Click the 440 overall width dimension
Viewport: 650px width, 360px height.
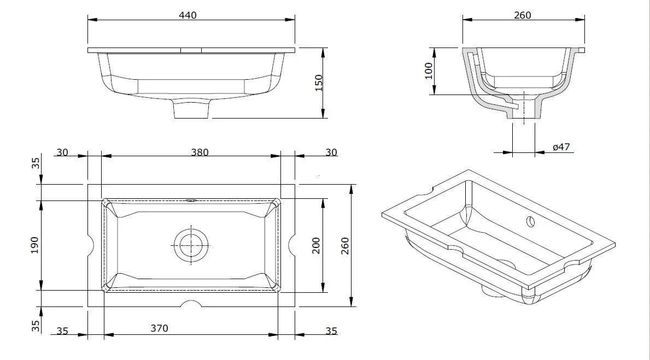point(188,15)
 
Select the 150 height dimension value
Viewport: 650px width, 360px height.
point(319,83)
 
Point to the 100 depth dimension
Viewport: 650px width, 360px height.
point(429,71)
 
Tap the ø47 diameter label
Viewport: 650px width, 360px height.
point(561,147)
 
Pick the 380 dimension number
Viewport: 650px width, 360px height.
point(200,152)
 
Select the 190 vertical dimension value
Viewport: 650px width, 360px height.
point(34,245)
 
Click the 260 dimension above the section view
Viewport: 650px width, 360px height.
point(522,15)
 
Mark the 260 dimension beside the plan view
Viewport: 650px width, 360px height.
point(344,245)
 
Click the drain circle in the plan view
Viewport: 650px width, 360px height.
point(191,245)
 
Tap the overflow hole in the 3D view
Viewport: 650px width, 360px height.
point(530,221)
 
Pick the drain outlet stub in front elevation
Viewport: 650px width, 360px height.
point(191,109)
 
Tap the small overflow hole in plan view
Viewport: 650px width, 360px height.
point(191,200)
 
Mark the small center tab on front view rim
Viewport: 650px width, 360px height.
point(191,50)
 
